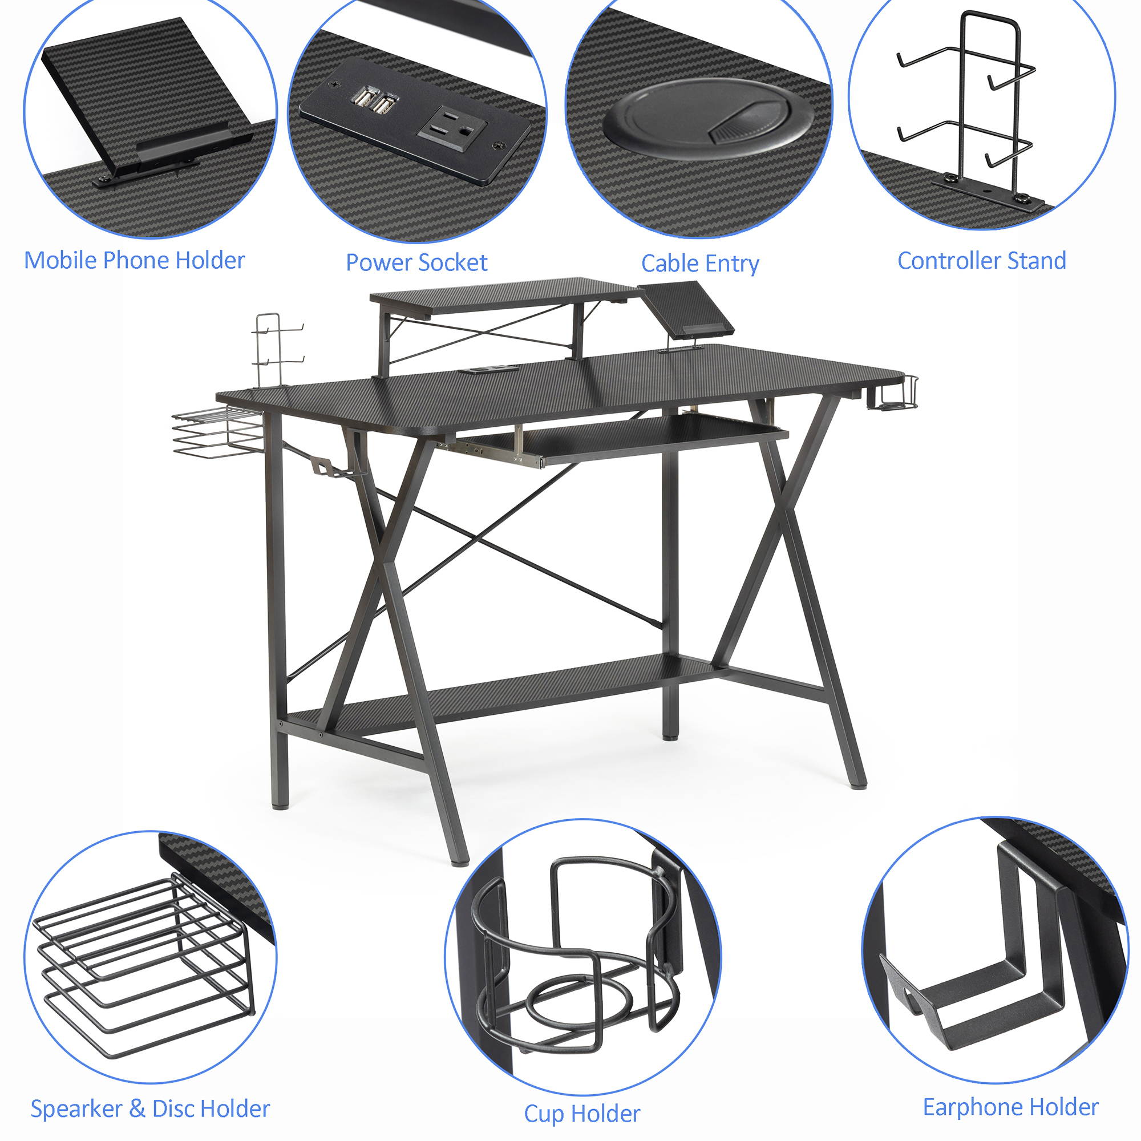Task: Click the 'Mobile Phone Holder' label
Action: click(134, 261)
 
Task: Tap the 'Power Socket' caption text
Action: click(416, 263)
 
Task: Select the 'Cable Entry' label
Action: click(700, 264)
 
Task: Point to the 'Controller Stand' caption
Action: click(981, 261)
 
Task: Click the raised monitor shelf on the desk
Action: click(502, 296)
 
